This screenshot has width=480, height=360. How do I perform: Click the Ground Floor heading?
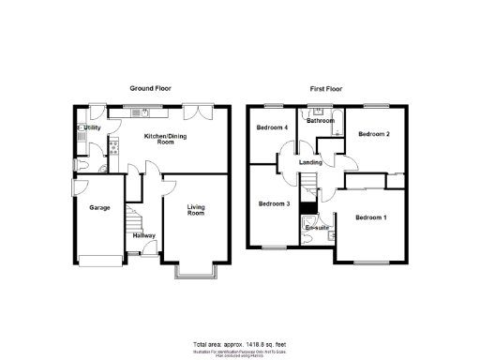point(149,87)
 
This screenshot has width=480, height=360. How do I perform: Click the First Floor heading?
point(325,87)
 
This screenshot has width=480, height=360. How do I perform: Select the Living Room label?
point(196,209)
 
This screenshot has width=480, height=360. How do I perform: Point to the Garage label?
point(99,207)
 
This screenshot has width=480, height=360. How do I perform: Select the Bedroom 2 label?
point(373,134)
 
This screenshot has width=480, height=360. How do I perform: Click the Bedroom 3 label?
point(273,203)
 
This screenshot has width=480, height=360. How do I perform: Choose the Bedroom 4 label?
point(272,127)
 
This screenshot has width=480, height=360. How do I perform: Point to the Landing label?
point(310,161)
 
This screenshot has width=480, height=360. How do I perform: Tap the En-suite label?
point(316,228)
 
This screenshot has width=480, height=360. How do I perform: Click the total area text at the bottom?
point(239,344)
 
